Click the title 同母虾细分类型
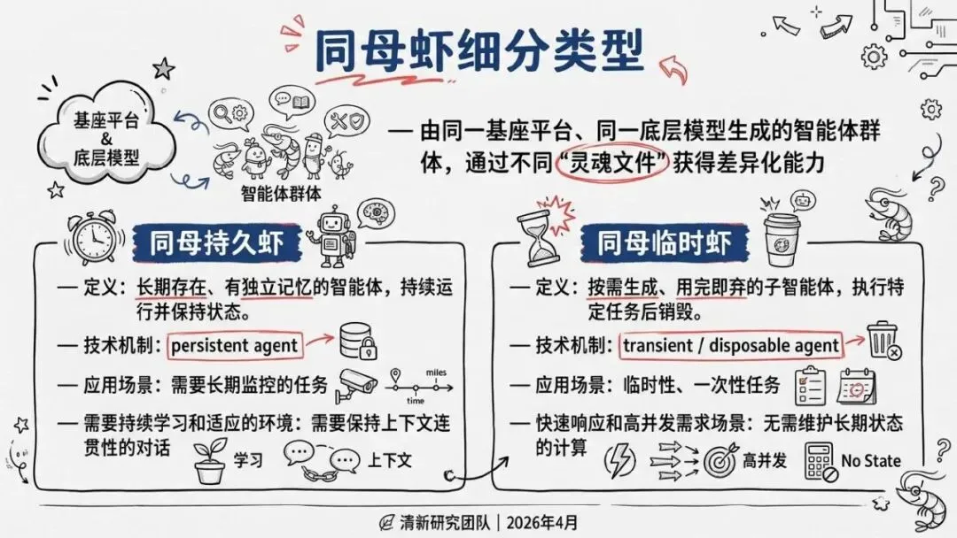(x=478, y=50)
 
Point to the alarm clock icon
(x=94, y=237)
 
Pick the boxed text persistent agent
(x=235, y=342)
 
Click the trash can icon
(x=883, y=341)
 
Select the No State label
(x=870, y=460)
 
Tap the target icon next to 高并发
(x=721, y=460)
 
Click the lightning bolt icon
(x=619, y=460)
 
